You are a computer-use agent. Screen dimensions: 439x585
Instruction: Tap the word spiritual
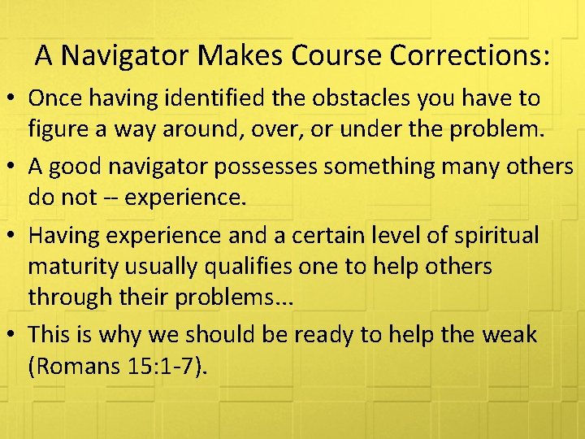coord(493,235)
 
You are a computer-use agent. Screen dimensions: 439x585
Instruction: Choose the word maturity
coord(73,266)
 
